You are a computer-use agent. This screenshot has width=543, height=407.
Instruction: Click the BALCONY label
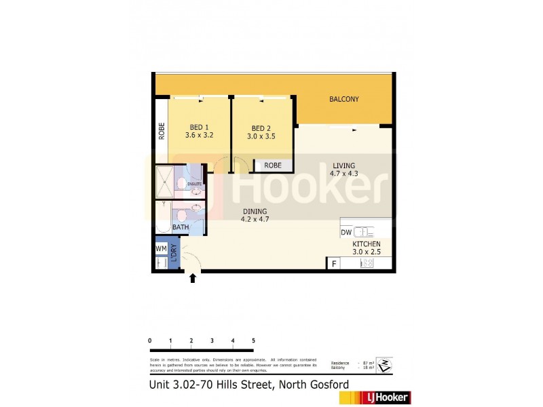343,100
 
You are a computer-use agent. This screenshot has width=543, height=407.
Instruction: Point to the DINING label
255,212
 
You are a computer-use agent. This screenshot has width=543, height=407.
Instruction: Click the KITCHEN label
366,244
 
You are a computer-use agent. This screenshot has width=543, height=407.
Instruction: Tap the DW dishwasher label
346,231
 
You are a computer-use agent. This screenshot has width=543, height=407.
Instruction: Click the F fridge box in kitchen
333,264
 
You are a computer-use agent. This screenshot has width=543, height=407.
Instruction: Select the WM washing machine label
161,248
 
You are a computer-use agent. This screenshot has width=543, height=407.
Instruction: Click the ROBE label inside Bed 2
273,165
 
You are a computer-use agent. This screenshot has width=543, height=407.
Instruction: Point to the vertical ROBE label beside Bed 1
162,130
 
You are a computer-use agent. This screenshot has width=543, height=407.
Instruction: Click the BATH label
181,227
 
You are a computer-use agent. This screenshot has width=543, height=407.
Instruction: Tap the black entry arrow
192,277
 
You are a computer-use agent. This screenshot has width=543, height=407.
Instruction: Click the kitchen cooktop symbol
366,264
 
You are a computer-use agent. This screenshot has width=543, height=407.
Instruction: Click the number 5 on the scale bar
253,341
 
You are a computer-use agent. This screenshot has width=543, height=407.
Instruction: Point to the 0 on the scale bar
149,341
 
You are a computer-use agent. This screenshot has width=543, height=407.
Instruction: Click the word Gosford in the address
326,385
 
